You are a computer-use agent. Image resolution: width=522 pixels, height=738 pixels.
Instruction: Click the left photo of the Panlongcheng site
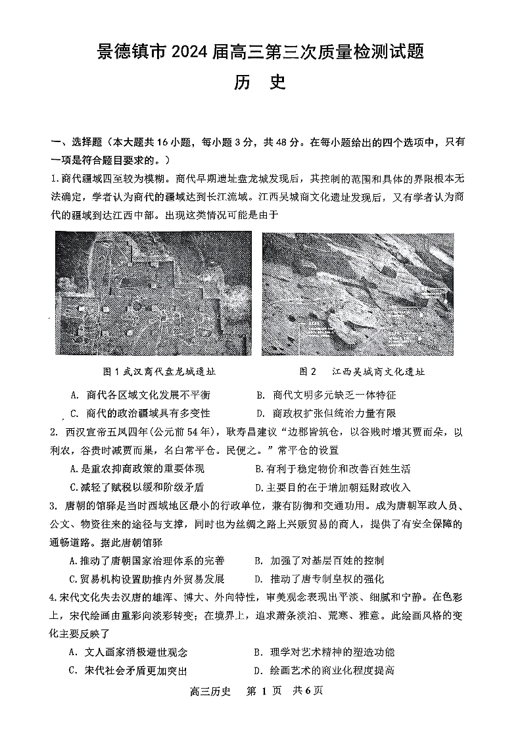(154, 293)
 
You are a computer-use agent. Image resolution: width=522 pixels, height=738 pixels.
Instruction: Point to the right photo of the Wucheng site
(358, 293)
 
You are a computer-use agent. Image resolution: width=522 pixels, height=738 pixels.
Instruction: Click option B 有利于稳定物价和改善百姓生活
(333, 469)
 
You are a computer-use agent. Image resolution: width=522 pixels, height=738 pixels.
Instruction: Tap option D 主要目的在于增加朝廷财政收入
(333, 487)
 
